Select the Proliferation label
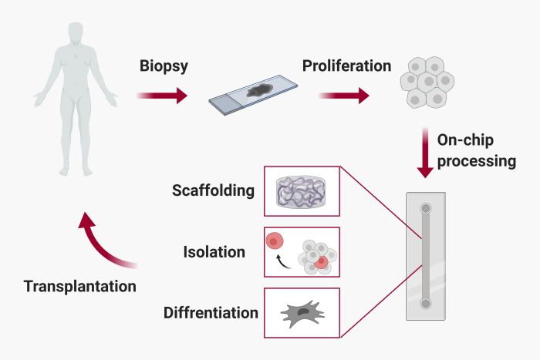347,66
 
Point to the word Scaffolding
214,190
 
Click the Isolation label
214,251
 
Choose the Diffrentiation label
211,313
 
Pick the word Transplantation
80,287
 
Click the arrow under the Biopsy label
162,96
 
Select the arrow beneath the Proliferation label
344,96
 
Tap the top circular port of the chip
425,208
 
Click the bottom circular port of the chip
425,304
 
